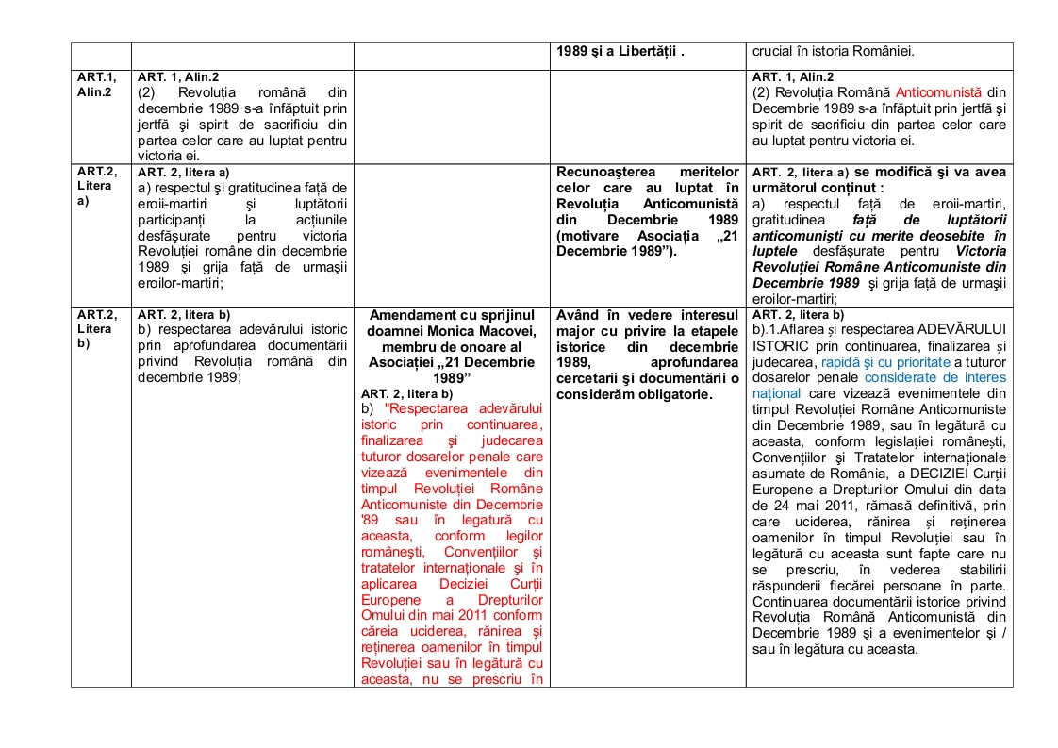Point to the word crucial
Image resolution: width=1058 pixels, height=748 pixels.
(x=774, y=52)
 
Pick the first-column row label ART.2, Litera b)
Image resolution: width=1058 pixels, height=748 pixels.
(x=96, y=328)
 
